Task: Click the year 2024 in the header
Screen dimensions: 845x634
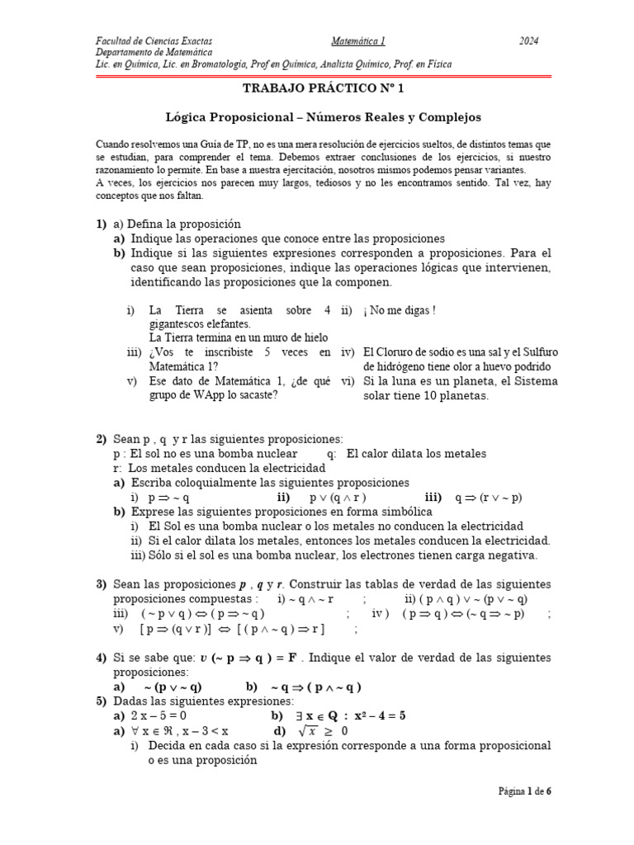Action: (529, 40)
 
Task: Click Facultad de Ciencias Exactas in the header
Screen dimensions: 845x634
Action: (154, 40)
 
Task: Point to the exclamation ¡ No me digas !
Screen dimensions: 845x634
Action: (399, 310)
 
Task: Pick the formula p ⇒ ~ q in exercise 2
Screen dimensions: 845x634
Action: (169, 498)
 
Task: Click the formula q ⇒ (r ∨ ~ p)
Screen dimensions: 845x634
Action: (489, 498)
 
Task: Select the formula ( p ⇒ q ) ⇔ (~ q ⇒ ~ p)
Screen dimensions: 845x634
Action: (470, 614)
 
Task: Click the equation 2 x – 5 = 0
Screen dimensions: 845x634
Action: (159, 716)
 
